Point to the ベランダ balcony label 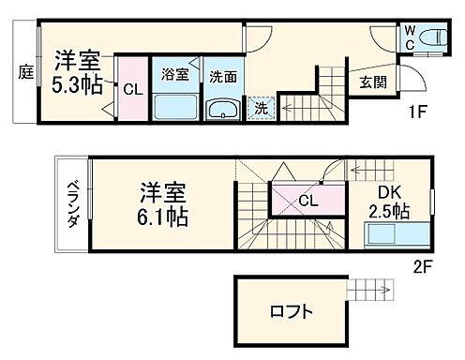point(71,204)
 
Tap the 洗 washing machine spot point(262,109)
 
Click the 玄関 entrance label point(369,82)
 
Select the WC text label point(410,37)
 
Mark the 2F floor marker point(421,265)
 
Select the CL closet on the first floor point(131,90)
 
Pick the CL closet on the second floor point(307,199)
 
